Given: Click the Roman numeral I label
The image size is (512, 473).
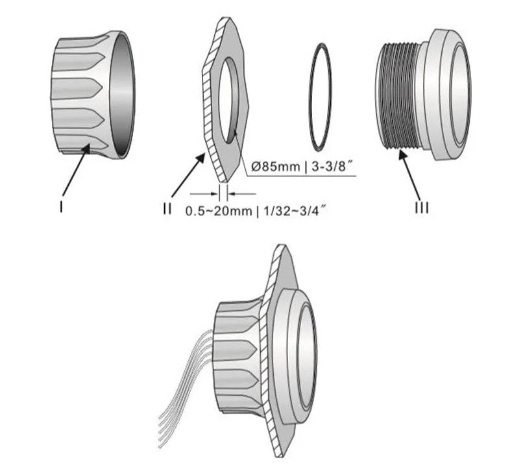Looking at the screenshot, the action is click(61, 206).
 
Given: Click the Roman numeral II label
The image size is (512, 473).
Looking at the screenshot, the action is click(167, 208).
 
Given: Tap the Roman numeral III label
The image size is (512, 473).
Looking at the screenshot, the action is click(422, 208).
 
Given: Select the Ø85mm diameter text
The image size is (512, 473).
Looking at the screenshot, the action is click(276, 167).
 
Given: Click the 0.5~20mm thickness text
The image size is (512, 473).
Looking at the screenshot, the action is click(219, 212).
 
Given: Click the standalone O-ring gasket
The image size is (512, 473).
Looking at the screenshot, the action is click(321, 97).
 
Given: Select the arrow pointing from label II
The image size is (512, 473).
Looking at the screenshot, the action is click(188, 176).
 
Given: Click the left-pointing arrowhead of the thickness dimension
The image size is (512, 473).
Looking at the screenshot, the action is click(231, 194).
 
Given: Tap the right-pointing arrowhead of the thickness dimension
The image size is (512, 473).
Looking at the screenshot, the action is click(214, 194).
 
